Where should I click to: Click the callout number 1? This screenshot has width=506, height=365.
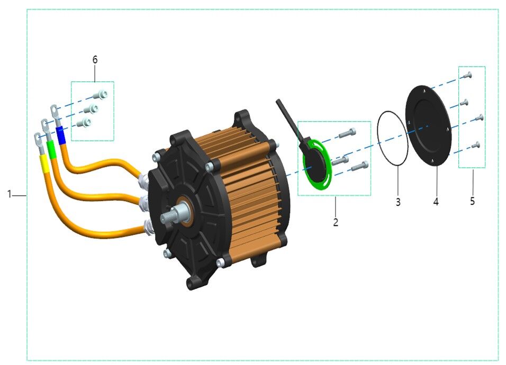click(9, 195)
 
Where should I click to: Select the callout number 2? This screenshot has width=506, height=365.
click(335, 222)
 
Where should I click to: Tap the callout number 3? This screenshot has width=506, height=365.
click(397, 202)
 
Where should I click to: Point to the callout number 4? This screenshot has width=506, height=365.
click(436, 202)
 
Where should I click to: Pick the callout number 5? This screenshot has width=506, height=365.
click(472, 201)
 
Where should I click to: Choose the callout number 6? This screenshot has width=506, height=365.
click(95, 60)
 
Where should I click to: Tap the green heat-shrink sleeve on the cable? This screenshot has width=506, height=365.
click(51, 149)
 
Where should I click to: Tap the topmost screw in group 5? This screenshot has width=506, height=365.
click(466, 76)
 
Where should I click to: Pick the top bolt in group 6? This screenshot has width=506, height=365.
click(100, 95)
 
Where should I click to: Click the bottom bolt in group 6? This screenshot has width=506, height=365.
click(85, 123)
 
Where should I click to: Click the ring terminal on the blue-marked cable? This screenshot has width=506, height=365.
click(55, 111)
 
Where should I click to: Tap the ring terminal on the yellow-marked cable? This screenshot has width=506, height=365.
click(38, 138)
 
